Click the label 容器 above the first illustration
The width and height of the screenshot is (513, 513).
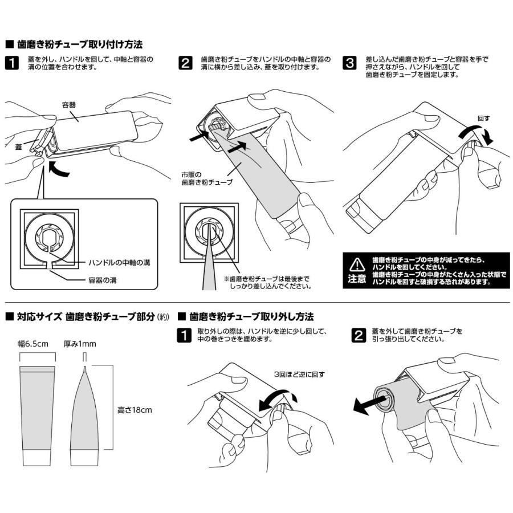pos(69,104)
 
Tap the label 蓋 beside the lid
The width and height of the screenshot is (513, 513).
pos(18,146)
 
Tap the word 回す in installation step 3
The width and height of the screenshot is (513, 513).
pos(483,119)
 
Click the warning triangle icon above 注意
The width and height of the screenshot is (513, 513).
pos(357,264)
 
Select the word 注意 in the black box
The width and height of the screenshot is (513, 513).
pos(357,279)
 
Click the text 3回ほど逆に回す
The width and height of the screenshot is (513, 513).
pos(299,374)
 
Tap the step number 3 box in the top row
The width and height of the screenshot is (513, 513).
pos(349,63)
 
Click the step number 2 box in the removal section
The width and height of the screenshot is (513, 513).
pos(357,335)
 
